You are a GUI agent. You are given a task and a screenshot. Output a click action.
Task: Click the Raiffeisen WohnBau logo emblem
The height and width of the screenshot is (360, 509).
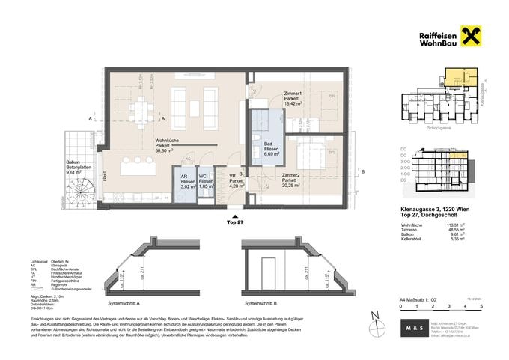point(472,37)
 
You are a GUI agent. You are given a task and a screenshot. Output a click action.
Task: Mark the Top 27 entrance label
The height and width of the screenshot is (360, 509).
point(234,222)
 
